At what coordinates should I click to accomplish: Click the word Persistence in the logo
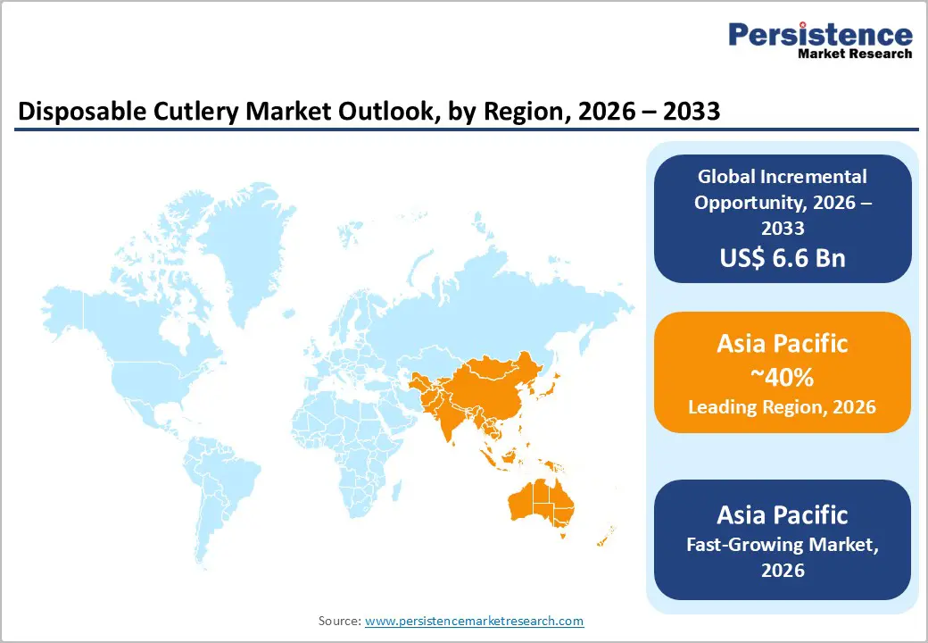(820, 35)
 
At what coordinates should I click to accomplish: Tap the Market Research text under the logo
(854, 54)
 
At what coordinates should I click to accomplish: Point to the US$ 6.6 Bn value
(783, 258)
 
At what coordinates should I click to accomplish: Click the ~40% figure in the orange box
(783, 378)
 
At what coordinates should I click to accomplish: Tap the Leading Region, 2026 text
(783, 407)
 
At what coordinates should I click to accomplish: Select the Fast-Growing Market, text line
(783, 543)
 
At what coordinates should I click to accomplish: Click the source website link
(474, 621)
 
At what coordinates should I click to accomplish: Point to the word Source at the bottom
(339, 621)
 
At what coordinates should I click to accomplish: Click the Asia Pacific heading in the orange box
(783, 343)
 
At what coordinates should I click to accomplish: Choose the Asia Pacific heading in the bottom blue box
(783, 514)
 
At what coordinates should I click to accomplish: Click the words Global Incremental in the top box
(783, 176)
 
